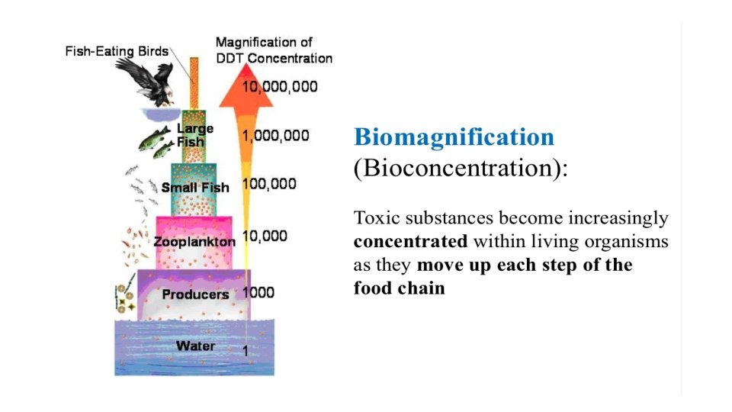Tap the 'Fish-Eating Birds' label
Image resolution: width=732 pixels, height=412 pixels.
click(x=117, y=52)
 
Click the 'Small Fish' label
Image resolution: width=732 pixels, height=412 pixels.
click(x=194, y=187)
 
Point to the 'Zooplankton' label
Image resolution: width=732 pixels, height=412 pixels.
click(x=194, y=242)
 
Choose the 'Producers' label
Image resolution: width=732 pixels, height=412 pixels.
click(x=195, y=294)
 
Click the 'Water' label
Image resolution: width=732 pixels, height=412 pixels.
click(x=195, y=346)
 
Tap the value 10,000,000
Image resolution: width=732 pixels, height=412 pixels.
click(x=280, y=86)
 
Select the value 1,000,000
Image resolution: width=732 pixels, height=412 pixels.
click(x=275, y=136)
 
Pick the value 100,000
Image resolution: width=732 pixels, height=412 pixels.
click(x=268, y=184)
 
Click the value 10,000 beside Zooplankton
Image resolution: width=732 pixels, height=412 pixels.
click(x=265, y=237)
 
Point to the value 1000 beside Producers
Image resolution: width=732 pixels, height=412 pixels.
click(x=258, y=292)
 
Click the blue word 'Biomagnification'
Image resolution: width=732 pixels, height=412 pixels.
click(x=454, y=137)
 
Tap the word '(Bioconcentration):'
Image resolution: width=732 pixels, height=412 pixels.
click(x=461, y=168)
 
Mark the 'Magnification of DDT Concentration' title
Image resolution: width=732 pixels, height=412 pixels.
click(x=274, y=50)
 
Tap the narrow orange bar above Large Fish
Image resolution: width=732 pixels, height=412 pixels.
click(x=194, y=82)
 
